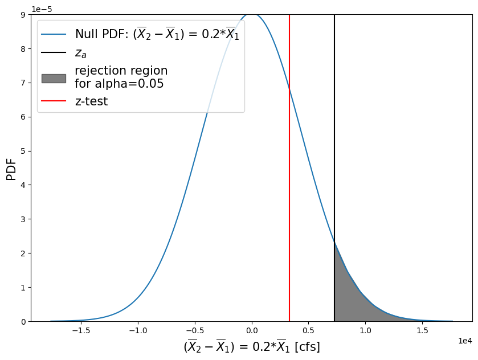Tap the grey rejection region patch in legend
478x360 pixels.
[54, 78]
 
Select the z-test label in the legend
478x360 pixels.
[91, 101]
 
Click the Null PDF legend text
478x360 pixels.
[157, 34]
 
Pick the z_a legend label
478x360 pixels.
[81, 54]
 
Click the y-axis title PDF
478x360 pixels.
[11, 169]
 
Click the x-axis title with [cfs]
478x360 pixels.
[251, 346]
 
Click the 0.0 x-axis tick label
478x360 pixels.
[252, 330]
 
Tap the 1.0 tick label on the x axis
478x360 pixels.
[365, 330]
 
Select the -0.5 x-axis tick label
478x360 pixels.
[194, 330]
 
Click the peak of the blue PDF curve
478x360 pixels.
[252, 14]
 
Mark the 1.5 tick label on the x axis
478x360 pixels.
[422, 330]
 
